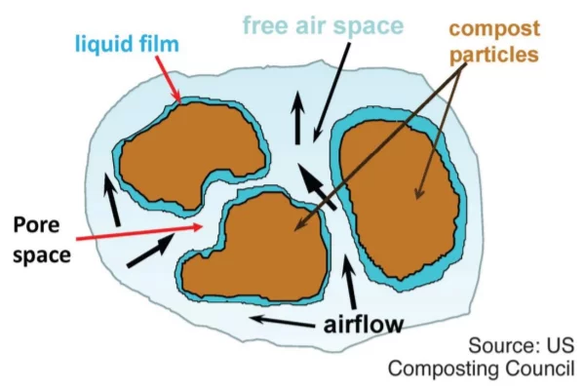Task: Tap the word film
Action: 159,43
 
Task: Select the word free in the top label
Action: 265,25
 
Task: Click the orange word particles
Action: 494,55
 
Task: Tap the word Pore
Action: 36,225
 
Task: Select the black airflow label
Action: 363,325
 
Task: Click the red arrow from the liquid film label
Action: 169,79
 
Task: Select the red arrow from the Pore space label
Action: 139,232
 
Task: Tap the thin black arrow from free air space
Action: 331,93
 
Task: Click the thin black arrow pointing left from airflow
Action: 282,322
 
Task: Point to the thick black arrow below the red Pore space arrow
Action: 151,250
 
